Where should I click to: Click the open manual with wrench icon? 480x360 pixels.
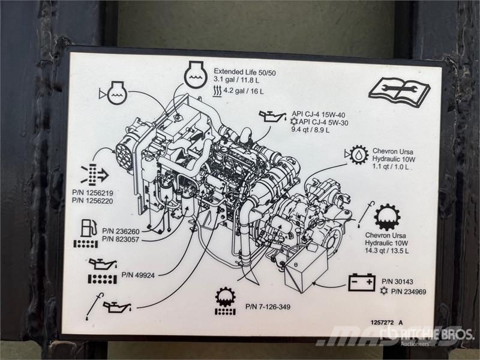pyautogui.click(x=399, y=93)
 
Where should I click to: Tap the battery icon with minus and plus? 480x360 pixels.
pyautogui.click(x=362, y=282)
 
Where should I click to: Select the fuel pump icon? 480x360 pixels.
pyautogui.click(x=89, y=228)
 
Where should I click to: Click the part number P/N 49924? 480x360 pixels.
pyautogui.click(x=138, y=275)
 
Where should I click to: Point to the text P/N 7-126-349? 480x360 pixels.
pyautogui.click(x=268, y=307)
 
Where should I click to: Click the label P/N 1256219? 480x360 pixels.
pyautogui.click(x=92, y=193)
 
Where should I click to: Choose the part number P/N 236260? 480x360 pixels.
pyautogui.click(x=121, y=231)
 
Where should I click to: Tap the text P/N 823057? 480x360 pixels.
pyautogui.click(x=121, y=239)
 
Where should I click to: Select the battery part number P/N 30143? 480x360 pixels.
pyautogui.click(x=397, y=281)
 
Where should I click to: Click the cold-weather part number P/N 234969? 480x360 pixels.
pyautogui.click(x=409, y=292)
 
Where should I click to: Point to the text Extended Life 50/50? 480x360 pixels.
pyautogui.click(x=245, y=72)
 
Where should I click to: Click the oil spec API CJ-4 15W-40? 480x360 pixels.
pyautogui.click(x=319, y=115)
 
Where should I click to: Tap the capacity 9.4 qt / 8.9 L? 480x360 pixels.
pyautogui.click(x=310, y=130)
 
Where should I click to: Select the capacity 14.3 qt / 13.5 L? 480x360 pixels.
pyautogui.click(x=386, y=250)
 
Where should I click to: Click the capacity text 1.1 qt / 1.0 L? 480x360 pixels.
pyautogui.click(x=391, y=167)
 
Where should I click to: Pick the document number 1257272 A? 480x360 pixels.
pyautogui.click(x=386, y=322)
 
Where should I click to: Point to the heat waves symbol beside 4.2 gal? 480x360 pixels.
pyautogui.click(x=217, y=91)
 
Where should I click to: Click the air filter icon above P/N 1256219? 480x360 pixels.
pyautogui.click(x=95, y=175)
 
